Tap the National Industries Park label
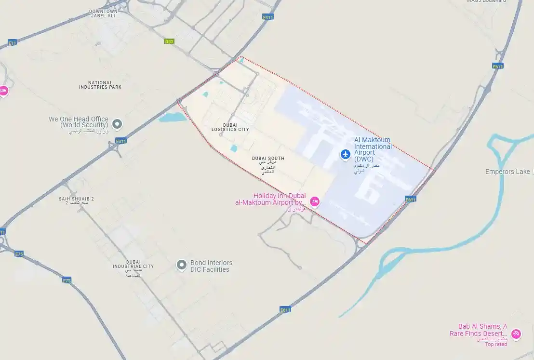pyautogui.click(x=100, y=85)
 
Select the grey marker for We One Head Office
pyautogui.click(x=117, y=124)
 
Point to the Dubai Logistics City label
pyautogui.click(x=230, y=127)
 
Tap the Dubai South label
pyautogui.click(x=268, y=159)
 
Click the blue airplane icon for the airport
pyautogui.click(x=345, y=154)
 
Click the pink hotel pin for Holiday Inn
pyautogui.click(x=315, y=201)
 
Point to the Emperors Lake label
pyautogui.click(x=507, y=172)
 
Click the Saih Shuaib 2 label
pyautogui.click(x=76, y=199)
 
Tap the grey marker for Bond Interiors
pyautogui.click(x=181, y=265)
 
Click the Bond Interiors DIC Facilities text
pyautogui.click(x=211, y=266)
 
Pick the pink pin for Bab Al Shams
pyautogui.click(x=516, y=333)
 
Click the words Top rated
pyautogui.click(x=495, y=344)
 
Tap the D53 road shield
pyautogui.click(x=169, y=41)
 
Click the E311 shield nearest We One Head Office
pyautogui.click(x=120, y=141)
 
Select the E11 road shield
pyautogui.click(x=13, y=43)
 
